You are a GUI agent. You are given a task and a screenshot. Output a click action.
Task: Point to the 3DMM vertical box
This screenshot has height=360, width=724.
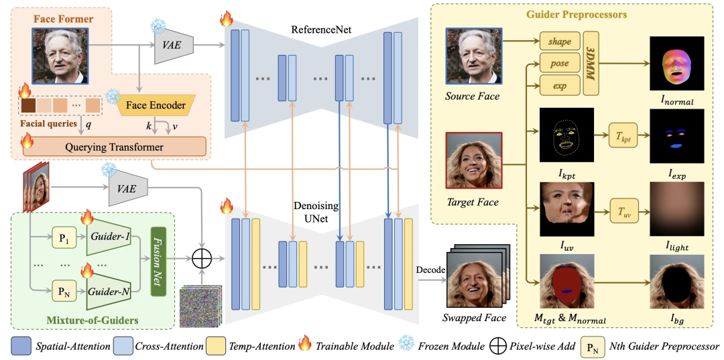pyautogui.click(x=591, y=64)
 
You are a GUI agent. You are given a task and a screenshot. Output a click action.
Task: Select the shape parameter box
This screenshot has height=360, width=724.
pyautogui.click(x=560, y=42)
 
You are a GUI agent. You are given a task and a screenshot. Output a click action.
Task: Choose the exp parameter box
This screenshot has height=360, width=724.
pyautogui.click(x=560, y=85)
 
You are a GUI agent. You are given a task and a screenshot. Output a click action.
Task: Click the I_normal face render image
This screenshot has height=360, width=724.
pyautogui.click(x=677, y=63)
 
